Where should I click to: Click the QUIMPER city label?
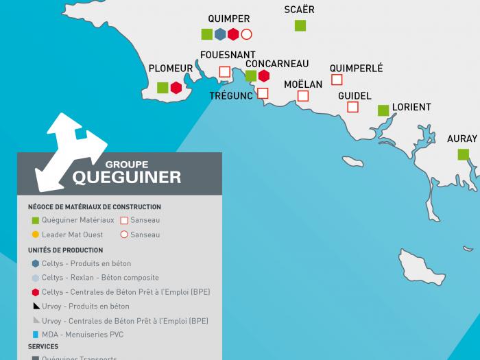tap(228, 19)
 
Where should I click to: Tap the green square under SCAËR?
tap(300, 25)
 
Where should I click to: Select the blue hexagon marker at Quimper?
tap(220, 34)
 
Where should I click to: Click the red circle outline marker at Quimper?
tap(246, 34)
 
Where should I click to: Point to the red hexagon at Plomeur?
tap(176, 87)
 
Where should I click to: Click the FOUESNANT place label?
tap(228, 55)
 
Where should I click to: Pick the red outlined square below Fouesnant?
tap(224, 71)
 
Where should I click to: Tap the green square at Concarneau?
tap(251, 75)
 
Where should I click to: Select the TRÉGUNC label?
tap(231, 96)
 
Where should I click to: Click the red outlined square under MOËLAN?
tap(303, 96)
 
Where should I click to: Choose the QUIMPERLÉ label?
tap(356, 68)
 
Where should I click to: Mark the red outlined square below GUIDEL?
tap(352, 107)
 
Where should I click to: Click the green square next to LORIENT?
tap(383, 110)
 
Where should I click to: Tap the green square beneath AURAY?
tap(463, 154)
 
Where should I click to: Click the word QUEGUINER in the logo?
tap(127, 178)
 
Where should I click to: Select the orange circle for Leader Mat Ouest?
tap(35, 235)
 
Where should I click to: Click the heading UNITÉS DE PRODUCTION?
tap(65, 250)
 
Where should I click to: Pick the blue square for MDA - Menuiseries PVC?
tap(35, 335)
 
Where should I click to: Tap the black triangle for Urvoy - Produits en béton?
tap(35, 306)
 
